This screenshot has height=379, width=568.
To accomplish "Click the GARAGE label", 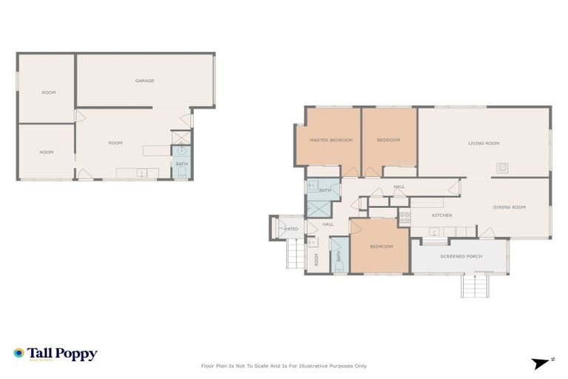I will [x=144, y=81].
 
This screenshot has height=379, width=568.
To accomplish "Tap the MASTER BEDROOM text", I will [x=331, y=140].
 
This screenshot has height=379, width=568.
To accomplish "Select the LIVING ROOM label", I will [x=484, y=143].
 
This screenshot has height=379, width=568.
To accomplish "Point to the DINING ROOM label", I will [x=509, y=207].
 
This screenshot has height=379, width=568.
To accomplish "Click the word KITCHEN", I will [x=442, y=215].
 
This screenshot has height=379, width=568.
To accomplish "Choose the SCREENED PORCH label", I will [x=461, y=256].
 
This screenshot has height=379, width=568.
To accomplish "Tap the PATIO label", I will [x=291, y=229].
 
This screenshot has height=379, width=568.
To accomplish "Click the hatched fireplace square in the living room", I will [x=502, y=167].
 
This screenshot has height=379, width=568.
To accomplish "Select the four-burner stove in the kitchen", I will [x=405, y=218].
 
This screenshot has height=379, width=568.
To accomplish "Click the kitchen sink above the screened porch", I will [x=435, y=232].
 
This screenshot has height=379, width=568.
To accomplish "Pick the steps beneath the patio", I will [x=295, y=255].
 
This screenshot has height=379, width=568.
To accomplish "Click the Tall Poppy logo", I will [x=55, y=354].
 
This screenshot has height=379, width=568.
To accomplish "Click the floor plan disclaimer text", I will [x=284, y=366].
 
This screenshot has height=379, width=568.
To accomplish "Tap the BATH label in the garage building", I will [x=181, y=164].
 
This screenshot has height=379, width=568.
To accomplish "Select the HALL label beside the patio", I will [x=328, y=224].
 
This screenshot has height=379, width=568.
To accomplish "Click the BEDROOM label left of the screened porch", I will [x=382, y=246].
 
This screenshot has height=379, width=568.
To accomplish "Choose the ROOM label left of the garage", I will [x=49, y=93].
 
